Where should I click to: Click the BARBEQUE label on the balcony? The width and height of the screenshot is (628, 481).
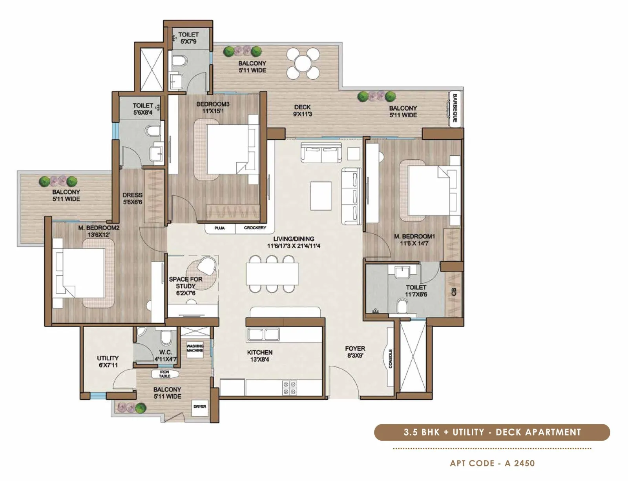(455, 108)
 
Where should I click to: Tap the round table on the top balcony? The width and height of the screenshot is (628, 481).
(303, 63)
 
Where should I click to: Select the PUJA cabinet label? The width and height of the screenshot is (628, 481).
(219, 228)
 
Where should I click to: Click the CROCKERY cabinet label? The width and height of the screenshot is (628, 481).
(255, 228)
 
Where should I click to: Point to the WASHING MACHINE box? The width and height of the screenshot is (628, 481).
(195, 348)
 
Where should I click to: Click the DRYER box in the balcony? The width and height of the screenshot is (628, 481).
(200, 407)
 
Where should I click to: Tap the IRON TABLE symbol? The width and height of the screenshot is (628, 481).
(164, 374)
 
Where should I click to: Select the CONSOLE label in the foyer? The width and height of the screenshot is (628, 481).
(391, 359)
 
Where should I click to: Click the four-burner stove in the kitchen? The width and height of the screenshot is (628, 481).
(290, 388)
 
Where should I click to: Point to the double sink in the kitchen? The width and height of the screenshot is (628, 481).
(263, 335)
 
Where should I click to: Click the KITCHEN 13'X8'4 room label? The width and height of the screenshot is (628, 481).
(259, 356)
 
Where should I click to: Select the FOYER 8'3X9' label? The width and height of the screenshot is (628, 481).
(355, 352)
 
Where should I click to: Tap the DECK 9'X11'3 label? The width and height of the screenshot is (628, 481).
(302, 111)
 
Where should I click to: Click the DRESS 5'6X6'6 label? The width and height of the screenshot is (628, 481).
(132, 199)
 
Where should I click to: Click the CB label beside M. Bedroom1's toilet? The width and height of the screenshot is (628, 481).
(454, 292)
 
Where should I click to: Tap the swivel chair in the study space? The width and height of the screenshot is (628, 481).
(207, 266)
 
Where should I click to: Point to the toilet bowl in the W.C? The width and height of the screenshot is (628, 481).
(166, 336)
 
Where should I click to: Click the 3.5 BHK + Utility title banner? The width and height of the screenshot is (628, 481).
(492, 432)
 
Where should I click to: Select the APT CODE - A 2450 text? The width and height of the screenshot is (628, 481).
(492, 463)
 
